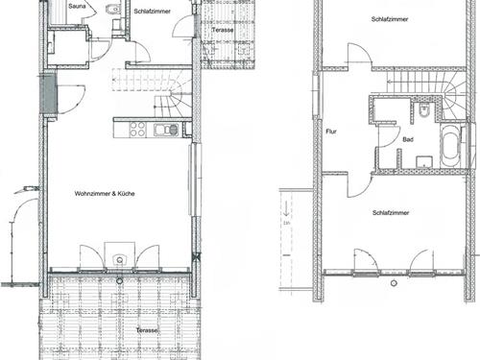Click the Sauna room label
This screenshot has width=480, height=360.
point(77,6)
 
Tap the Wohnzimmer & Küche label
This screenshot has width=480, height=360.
point(105,194)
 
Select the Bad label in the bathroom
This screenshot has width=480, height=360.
point(408,139)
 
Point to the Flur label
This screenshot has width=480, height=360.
point(331,132)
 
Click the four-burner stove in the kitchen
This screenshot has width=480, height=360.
point(138,130)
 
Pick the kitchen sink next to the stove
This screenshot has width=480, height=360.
point(166,130)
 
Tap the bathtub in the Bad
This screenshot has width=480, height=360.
point(450,146)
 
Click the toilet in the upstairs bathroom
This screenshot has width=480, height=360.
point(423,109)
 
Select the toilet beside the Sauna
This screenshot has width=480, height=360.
point(112,10)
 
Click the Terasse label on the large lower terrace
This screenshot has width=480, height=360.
point(147,330)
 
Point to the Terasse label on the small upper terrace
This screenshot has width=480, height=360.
point(223,30)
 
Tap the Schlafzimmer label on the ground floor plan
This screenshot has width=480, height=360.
point(152,12)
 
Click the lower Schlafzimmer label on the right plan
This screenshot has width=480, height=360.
point(391,213)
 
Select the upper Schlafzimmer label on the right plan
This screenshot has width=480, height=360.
point(390,19)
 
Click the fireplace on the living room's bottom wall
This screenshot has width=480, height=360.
point(119,255)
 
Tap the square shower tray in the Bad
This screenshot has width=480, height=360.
point(424,161)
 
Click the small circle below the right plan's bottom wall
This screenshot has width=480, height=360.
point(394,283)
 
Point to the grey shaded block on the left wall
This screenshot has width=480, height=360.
point(50,94)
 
